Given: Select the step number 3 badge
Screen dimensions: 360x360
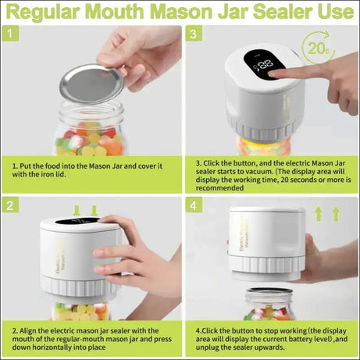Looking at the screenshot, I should [195, 35].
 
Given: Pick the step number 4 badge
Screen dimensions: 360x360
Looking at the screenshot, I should [195, 207].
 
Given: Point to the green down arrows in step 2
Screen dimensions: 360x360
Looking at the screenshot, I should [87, 210].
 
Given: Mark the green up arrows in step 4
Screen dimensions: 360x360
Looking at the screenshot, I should [327, 213].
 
